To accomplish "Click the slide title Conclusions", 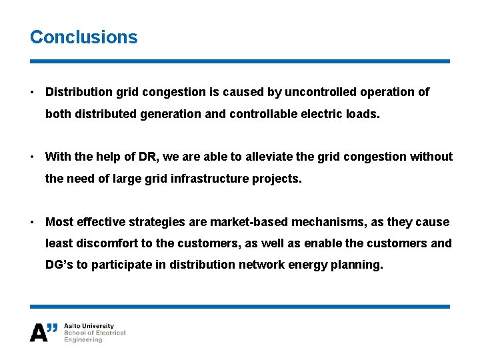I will [83, 37].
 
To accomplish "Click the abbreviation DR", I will [146, 157].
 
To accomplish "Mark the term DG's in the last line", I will [59, 265].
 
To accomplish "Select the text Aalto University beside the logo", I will [89, 326].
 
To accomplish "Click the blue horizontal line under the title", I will [240, 61].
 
